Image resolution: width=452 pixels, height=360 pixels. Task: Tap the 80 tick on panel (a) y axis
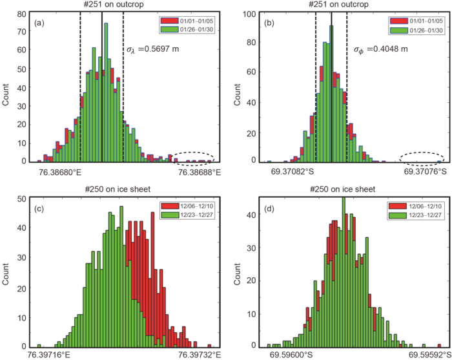coord(23,14)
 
